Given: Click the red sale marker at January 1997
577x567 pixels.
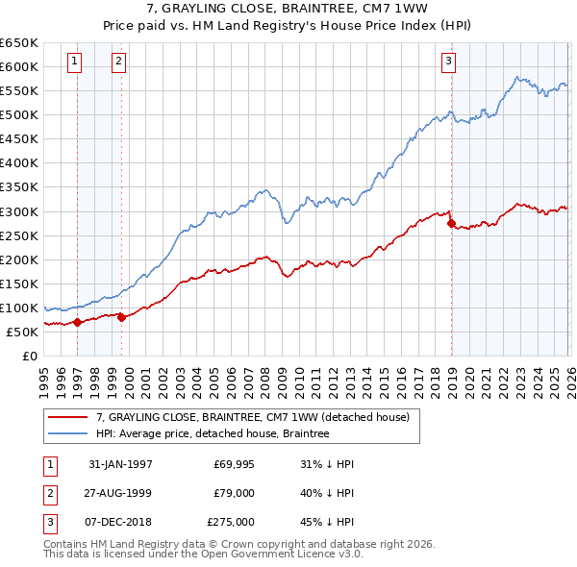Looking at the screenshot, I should [78, 322].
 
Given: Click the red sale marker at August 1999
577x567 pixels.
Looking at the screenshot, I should [121, 318].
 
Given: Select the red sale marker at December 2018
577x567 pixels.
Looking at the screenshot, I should [451, 223].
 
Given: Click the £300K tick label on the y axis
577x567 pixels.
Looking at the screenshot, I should [19, 211].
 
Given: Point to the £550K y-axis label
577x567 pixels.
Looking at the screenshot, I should [19, 90].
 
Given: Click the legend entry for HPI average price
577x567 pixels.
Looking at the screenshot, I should [213, 433].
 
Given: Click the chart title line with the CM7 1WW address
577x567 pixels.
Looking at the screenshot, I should [288, 9].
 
